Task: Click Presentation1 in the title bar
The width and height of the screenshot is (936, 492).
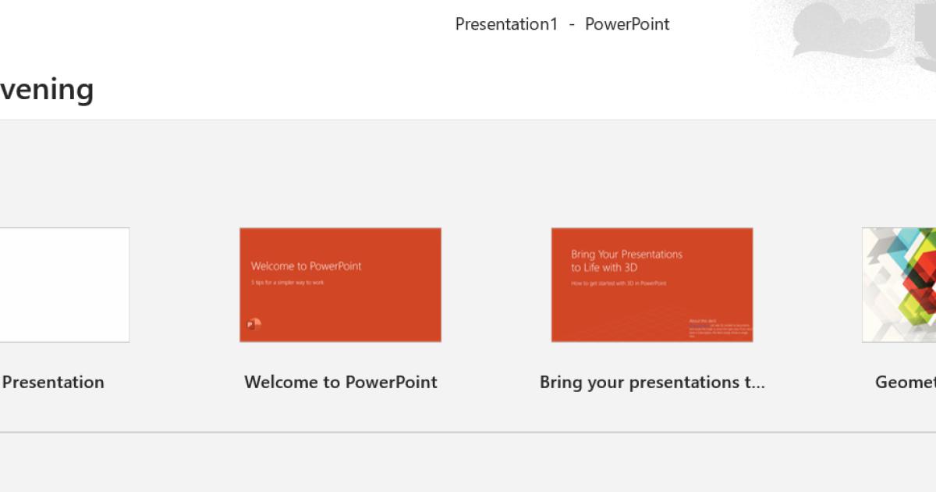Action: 506,24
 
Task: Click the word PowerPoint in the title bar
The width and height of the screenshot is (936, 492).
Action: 627,24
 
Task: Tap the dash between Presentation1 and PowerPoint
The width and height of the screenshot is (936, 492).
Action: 572,24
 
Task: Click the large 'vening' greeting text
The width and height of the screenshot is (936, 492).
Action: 47,90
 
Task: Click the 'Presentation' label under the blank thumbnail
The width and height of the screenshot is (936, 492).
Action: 53,382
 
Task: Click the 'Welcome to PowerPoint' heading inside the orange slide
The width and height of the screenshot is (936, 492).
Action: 306,266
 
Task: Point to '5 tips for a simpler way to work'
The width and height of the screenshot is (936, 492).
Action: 287,282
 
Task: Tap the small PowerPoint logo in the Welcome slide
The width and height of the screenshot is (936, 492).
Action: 253,324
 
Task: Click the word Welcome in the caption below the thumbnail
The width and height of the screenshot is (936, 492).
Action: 282,382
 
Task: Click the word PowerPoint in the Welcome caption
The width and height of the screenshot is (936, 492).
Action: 391,382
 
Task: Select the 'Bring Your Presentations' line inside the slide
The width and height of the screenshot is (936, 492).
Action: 626,254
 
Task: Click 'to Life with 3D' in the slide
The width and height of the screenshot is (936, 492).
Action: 604,268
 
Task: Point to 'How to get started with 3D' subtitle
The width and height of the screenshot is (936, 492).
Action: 619,283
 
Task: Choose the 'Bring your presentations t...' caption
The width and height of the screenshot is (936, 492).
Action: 652,382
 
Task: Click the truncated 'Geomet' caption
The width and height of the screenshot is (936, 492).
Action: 905,382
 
